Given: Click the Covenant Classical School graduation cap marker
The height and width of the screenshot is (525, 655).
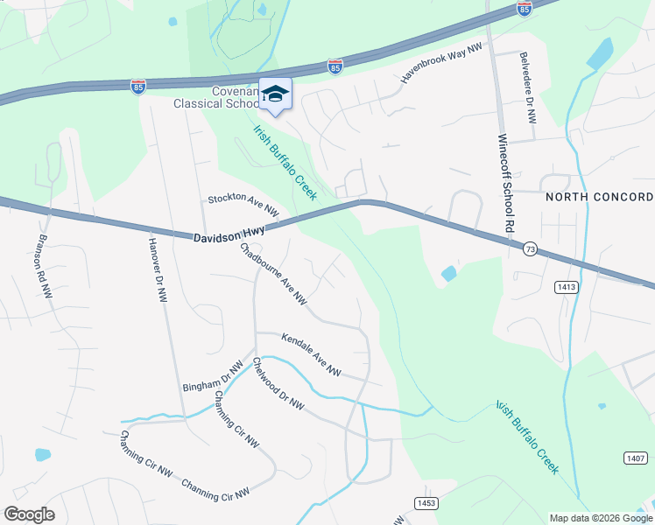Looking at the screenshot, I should click(x=275, y=95).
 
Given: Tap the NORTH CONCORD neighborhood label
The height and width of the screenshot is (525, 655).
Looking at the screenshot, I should click(x=600, y=197).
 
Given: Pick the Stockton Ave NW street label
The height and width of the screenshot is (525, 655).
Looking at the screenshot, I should click(x=243, y=206).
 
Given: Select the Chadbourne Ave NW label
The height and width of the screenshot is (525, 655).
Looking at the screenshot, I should click(x=273, y=274).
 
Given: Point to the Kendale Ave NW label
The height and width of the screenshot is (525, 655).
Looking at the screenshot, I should click(x=310, y=353).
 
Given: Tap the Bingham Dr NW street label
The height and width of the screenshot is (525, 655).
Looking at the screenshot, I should click(x=212, y=377).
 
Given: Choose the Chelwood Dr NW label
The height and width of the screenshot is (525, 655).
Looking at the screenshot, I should click(x=278, y=384).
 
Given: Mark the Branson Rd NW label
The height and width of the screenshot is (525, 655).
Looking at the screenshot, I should click(x=43, y=267).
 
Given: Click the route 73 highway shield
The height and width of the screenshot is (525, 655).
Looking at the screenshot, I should click(x=530, y=250).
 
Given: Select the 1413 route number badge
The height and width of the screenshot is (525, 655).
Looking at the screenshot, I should click(x=566, y=286).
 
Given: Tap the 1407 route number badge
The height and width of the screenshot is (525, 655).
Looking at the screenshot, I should click(x=636, y=458).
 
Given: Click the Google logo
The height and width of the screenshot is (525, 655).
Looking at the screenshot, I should click(x=29, y=514).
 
